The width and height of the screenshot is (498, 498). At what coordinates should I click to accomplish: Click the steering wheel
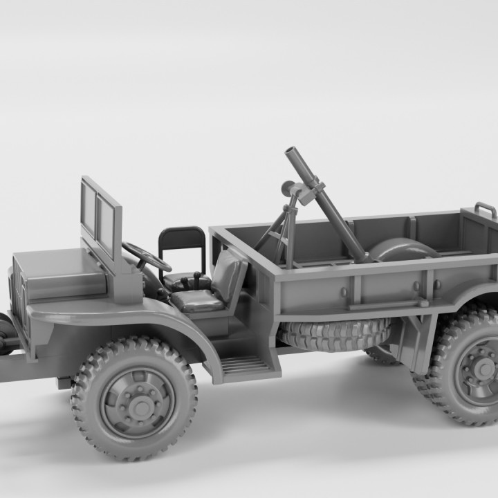pyautogui.click(x=147, y=257)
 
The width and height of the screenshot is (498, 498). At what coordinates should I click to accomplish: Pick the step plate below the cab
pyautogui.click(x=246, y=365)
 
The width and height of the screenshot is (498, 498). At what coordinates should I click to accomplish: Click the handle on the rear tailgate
pyautogui.click(x=485, y=207)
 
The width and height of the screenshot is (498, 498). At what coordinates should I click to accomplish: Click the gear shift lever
pyautogui.click(x=196, y=279)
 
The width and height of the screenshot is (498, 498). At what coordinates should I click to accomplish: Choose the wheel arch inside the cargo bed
pyautogui.click(x=405, y=248)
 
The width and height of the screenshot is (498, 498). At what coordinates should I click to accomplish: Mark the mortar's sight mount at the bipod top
pyautogui.click(x=290, y=187)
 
